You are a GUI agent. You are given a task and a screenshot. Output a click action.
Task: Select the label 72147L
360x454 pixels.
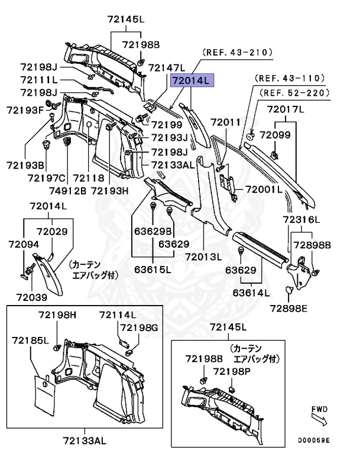(x=166, y=67)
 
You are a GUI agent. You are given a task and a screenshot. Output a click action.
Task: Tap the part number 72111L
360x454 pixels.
(x=39, y=79)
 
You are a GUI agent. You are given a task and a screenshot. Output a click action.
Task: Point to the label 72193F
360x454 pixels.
(x=25, y=110)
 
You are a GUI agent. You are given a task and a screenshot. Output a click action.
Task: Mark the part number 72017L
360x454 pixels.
(x=285, y=109)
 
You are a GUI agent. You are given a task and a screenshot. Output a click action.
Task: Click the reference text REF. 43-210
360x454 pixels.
(x=238, y=53)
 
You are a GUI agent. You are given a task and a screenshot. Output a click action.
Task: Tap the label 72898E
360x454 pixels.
(x=289, y=307)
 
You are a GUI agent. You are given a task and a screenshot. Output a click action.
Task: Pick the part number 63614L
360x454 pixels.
(x=251, y=293)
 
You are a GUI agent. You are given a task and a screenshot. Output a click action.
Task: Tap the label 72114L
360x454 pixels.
(x=118, y=314)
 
